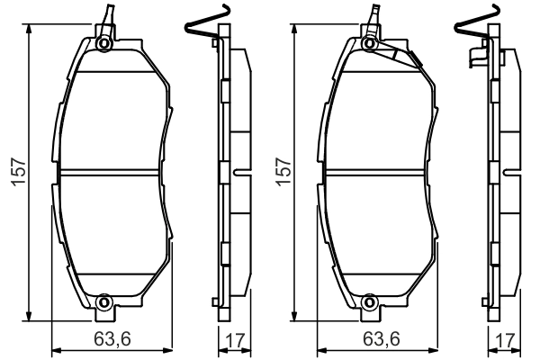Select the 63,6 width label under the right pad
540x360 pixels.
(x=381, y=339)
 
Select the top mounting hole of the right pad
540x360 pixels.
(x=371, y=42)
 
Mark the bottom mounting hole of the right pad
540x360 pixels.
(x=371, y=301)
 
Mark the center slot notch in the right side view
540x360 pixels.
(x=505, y=170)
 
